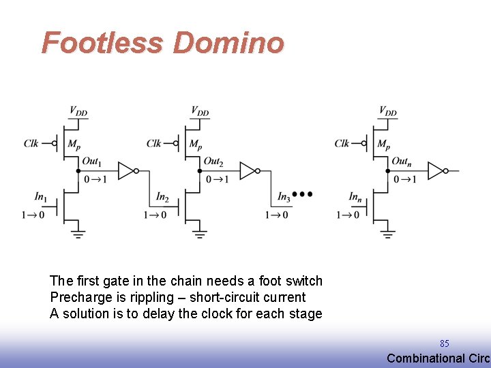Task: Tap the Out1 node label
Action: pyautogui.click(x=91, y=162)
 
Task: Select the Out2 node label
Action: pyautogui.click(x=214, y=162)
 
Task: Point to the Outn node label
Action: pyautogui.click(x=402, y=162)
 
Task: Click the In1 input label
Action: pyautogui.click(x=40, y=197)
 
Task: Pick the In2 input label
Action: pyautogui.click(x=162, y=197)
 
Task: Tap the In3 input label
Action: pyautogui.click(x=284, y=197)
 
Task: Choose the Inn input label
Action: pyautogui.click(x=355, y=197)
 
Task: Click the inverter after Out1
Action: pyautogui.click(x=128, y=171)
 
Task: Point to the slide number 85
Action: pyautogui.click(x=445, y=343)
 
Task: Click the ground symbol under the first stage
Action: pyautogui.click(x=78, y=234)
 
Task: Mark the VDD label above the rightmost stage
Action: pyautogui.click(x=387, y=111)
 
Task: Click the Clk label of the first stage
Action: pyautogui.click(x=31, y=143)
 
